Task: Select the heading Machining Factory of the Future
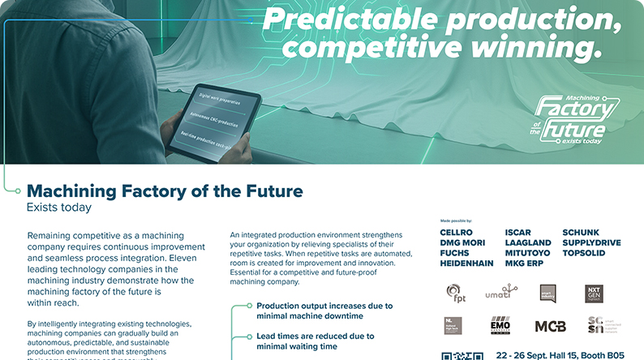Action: pos(165,191)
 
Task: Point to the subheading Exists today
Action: pos(58,208)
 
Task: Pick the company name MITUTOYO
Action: pos(527,253)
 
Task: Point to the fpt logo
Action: pos(457,294)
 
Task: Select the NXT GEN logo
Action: pos(596,293)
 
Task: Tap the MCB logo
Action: pos(551,326)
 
